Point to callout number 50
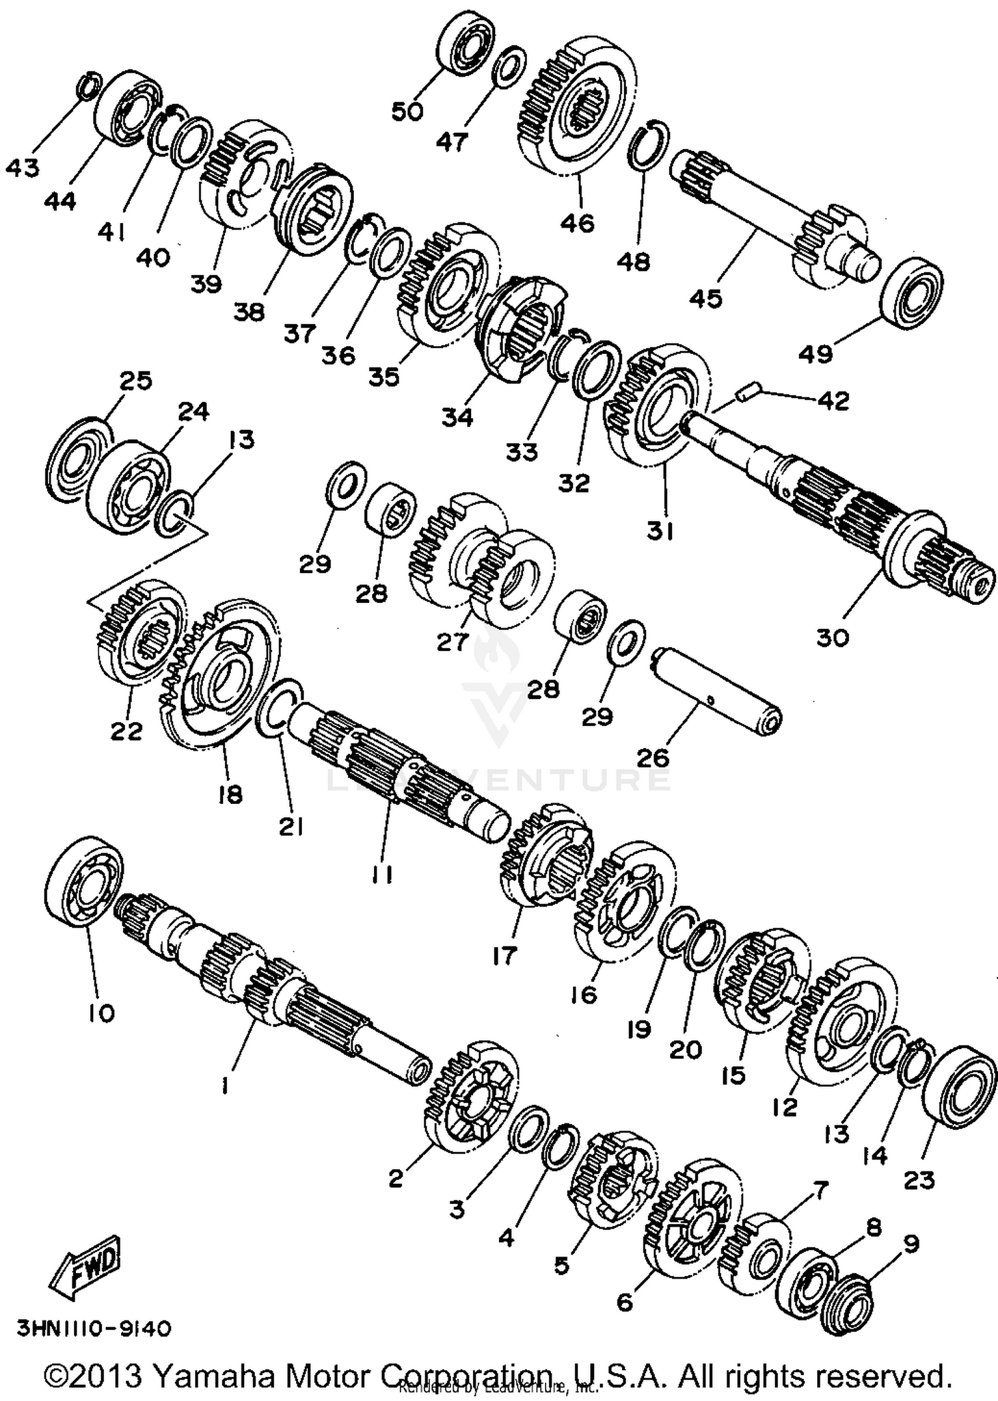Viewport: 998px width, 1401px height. (x=407, y=111)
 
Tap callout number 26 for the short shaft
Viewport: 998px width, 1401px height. (x=653, y=757)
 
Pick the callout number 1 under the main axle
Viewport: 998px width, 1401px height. (x=225, y=1086)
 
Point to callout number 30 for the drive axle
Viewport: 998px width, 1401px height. (x=832, y=637)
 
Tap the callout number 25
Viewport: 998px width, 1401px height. (x=136, y=381)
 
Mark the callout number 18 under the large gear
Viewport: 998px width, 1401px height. (x=230, y=795)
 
